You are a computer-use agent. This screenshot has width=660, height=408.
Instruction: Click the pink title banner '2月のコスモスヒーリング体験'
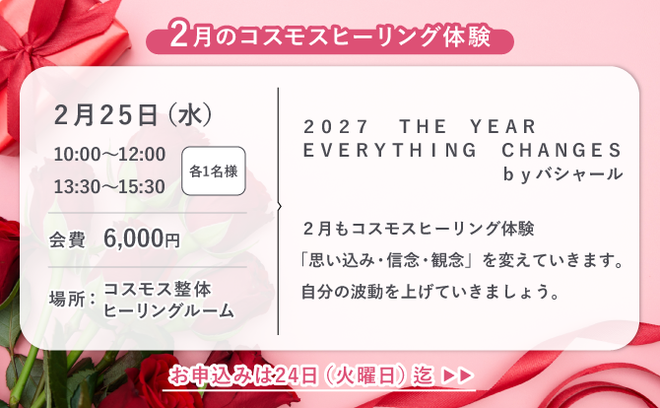click(330, 37)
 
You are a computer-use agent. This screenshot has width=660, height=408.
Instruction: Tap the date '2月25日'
click(107, 113)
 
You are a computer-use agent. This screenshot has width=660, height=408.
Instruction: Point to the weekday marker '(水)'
click(192, 113)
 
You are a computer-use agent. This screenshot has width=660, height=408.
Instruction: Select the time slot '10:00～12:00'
click(109, 155)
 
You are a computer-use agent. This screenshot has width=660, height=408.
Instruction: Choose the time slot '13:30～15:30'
click(109, 184)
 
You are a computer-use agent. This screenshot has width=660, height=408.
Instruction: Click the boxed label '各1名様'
click(213, 170)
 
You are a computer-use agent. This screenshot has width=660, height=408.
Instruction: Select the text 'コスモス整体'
click(157, 288)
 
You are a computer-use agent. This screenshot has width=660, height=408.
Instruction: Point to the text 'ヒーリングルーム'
click(168, 311)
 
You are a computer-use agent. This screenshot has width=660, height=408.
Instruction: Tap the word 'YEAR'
click(503, 127)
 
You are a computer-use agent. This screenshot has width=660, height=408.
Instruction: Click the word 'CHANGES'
click(561, 151)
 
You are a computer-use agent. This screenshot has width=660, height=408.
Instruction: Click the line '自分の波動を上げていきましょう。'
click(430, 293)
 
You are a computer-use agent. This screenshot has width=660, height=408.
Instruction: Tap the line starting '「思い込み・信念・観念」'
click(463, 262)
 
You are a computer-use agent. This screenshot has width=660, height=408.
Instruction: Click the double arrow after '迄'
click(459, 375)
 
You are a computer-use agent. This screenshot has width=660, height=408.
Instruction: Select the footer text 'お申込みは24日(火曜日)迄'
click(301, 375)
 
